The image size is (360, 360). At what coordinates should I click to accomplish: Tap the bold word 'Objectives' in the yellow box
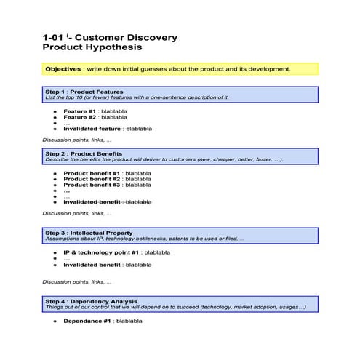(63, 69)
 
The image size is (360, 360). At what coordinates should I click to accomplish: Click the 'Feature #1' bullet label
(80, 110)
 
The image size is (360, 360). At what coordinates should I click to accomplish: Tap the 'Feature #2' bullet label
(80, 116)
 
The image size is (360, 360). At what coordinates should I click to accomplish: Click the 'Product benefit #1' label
(92, 173)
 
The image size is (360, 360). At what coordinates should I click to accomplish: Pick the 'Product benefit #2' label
(92, 179)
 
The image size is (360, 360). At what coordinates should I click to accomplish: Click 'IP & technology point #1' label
(102, 252)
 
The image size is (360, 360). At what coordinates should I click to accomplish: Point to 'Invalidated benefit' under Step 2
(92, 201)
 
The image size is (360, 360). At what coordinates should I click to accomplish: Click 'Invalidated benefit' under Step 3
(92, 265)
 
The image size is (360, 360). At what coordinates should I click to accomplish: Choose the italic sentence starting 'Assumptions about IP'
(145, 239)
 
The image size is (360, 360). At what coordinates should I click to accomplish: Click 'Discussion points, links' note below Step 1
(77, 139)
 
